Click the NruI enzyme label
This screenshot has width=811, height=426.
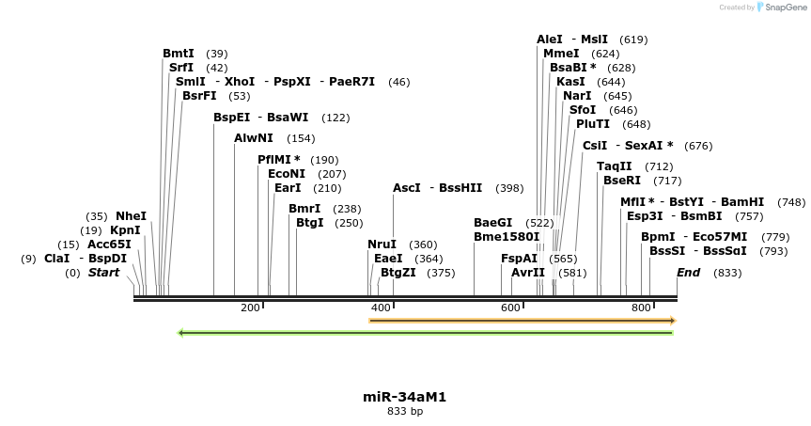click(x=382, y=245)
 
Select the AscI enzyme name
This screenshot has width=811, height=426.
click(x=407, y=188)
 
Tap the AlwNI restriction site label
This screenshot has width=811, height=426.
click(x=254, y=138)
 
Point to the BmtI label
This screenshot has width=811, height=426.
click(x=179, y=54)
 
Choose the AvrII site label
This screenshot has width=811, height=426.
click(x=528, y=273)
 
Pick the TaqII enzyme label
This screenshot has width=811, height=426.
click(x=615, y=166)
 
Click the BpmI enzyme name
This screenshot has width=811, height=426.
click(x=658, y=237)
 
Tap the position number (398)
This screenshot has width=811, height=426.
click(x=509, y=188)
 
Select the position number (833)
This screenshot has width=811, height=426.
click(x=727, y=273)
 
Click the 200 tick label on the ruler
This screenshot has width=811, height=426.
click(x=250, y=308)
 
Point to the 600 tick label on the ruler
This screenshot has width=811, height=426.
click(x=510, y=308)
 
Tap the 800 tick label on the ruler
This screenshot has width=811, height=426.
click(x=641, y=308)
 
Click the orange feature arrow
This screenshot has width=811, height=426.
click(x=522, y=321)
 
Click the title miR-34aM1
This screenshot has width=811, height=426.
click(x=404, y=397)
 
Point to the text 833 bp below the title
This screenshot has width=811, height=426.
click(x=405, y=411)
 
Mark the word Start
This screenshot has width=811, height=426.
click(x=103, y=273)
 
